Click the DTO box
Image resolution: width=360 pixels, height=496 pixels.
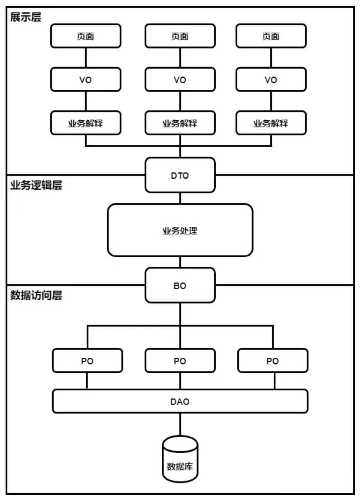(180, 175)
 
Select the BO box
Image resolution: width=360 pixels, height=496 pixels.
(180, 285)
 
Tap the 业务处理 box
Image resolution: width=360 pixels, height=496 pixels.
(180, 230)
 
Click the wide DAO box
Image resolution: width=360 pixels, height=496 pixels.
(180, 402)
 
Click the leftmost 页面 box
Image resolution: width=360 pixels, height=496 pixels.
(86, 36)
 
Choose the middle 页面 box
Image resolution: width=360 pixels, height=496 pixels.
(180, 36)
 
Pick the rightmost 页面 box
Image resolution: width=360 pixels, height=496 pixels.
(272, 36)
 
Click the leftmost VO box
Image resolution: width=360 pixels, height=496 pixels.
(86, 79)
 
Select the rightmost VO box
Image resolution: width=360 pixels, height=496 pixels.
(272, 79)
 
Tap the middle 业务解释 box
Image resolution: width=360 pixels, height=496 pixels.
(180, 123)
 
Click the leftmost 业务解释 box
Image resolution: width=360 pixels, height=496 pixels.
(86, 123)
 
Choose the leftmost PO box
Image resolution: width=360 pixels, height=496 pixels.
(87, 360)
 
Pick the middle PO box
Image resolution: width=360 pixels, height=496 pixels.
(180, 360)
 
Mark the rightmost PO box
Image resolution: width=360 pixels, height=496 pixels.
(272, 360)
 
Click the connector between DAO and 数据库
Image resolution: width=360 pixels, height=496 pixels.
(180, 424)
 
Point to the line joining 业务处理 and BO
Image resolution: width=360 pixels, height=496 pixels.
(180, 262)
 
